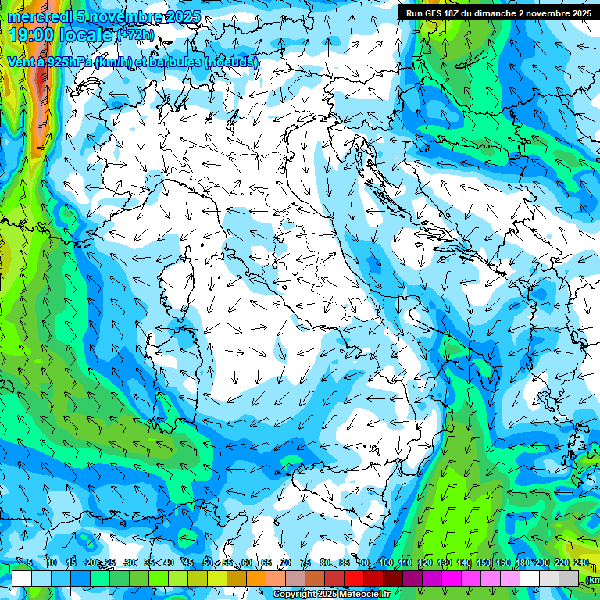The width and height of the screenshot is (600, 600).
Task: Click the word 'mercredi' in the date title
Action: (x=37, y=16)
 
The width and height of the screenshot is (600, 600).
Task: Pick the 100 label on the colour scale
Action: (x=386, y=562)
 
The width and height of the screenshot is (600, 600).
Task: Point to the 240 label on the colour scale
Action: (x=580, y=562)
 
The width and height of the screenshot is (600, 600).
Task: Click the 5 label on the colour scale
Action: (x=30, y=562)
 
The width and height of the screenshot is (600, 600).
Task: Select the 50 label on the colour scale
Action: (x=207, y=562)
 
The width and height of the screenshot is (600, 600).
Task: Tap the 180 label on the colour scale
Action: (x=522, y=562)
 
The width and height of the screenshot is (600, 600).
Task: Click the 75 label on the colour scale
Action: (x=305, y=562)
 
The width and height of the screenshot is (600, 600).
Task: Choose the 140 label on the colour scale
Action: (x=464, y=562)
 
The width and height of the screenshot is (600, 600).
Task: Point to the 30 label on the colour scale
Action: (x=129, y=562)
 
